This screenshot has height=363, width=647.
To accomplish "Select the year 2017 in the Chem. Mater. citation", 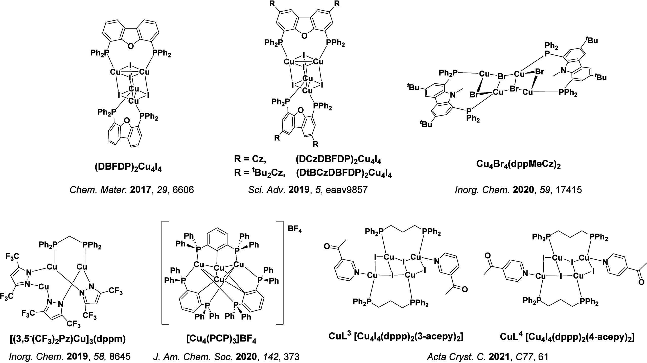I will pyautogui.click(x=141, y=190).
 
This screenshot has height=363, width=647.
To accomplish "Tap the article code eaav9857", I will pyautogui.click(x=346, y=190).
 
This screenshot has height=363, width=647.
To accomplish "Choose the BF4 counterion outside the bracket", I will pyautogui.click(x=295, y=231).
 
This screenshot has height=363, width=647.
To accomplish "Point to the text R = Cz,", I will pyautogui.click(x=250, y=160).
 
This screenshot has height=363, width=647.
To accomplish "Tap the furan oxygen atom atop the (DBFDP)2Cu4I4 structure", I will pyautogui.click(x=130, y=46).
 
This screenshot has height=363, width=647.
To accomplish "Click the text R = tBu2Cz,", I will pyautogui.click(x=260, y=174).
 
